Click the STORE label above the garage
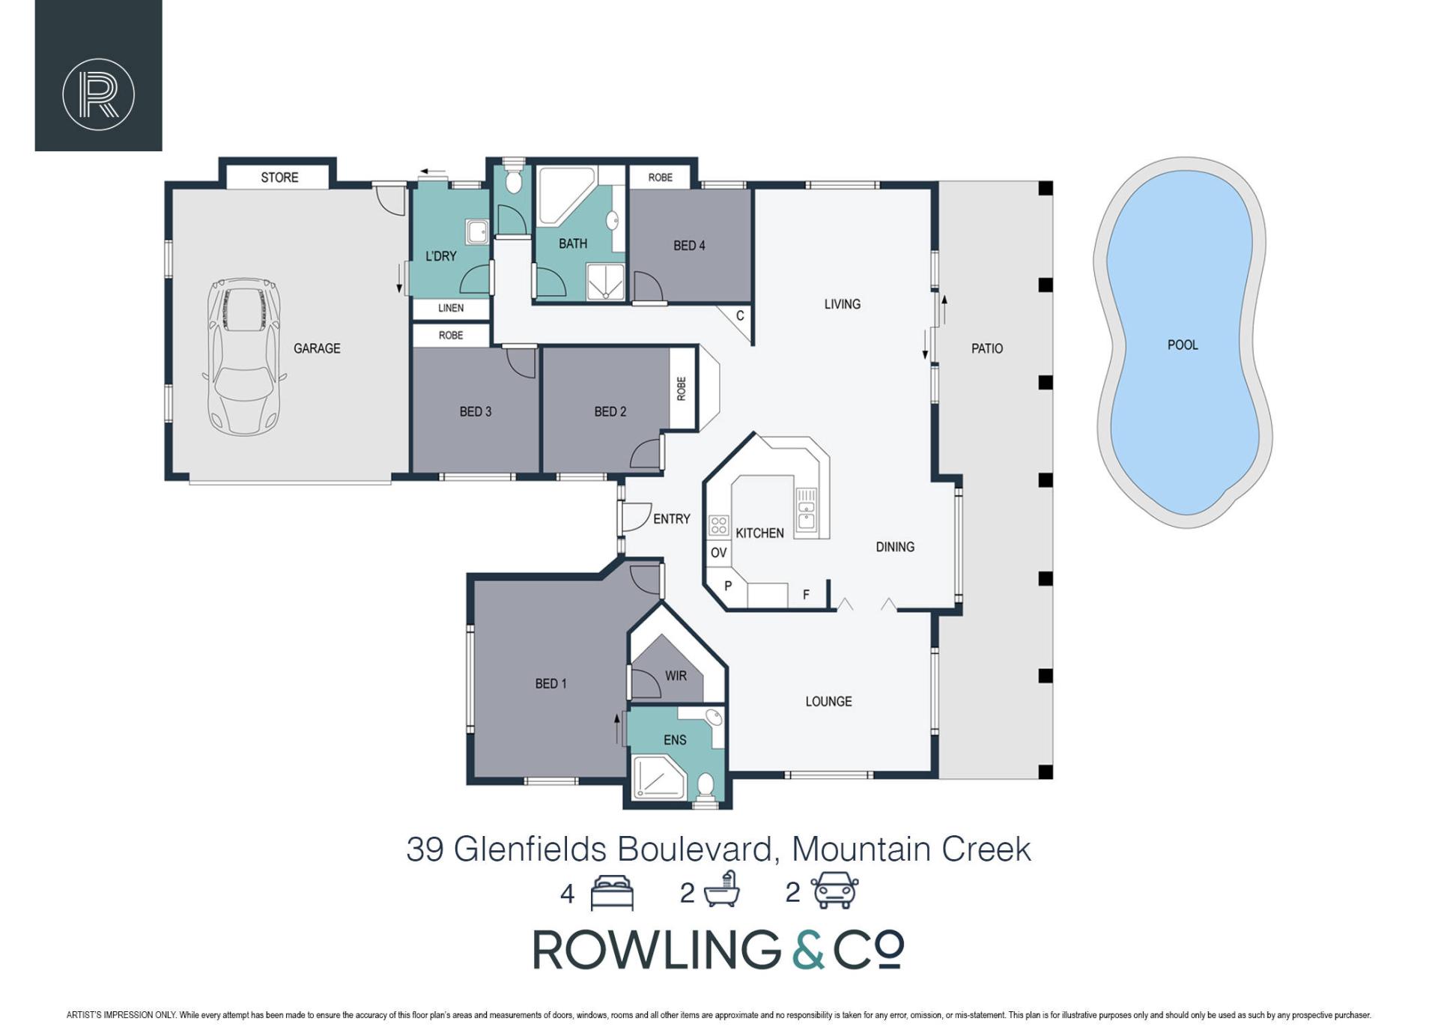coord(279,178)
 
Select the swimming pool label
coord(1183,345)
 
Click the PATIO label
coord(986,348)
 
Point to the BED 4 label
coord(689,246)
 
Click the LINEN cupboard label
coord(451,308)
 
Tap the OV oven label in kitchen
coord(718,553)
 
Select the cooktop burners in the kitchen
coord(719,525)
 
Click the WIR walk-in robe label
coord(676,676)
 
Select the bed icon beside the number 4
coord(612,892)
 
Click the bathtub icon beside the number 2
coord(721,890)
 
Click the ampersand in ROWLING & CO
coord(808,950)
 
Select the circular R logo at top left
coord(98,94)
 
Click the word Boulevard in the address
coord(694,849)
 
